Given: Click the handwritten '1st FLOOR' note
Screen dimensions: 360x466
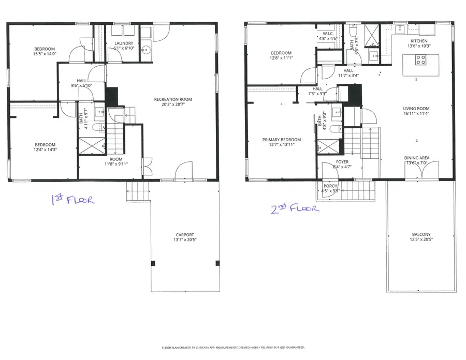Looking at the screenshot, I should pyautogui.click(x=72, y=200).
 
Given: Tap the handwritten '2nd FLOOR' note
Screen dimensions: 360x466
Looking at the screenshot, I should pyautogui.click(x=294, y=208).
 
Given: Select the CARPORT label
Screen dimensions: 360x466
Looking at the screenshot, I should pyautogui.click(x=184, y=235).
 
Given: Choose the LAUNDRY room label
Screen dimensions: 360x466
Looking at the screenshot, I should pyautogui.click(x=123, y=43).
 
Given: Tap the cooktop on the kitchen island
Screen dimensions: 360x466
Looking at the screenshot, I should pyautogui.click(x=420, y=60).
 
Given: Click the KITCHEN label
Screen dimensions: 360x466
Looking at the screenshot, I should pyautogui.click(x=419, y=41).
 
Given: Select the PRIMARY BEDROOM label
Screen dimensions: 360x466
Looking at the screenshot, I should pyautogui.click(x=281, y=140).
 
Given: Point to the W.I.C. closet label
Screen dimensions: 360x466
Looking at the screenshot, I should pyautogui.click(x=327, y=34).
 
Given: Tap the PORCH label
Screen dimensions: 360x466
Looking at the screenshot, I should pyautogui.click(x=330, y=186).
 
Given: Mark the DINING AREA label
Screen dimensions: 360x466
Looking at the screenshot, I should pyautogui.click(x=417, y=158).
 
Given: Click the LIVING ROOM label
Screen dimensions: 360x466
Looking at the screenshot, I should pyautogui.click(x=416, y=109).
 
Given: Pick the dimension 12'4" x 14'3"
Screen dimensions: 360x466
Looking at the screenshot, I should pyautogui.click(x=45, y=150).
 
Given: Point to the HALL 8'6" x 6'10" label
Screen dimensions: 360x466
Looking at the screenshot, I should pyautogui.click(x=82, y=83).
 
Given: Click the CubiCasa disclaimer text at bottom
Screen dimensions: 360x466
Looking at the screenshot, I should pyautogui.click(x=233, y=347).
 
